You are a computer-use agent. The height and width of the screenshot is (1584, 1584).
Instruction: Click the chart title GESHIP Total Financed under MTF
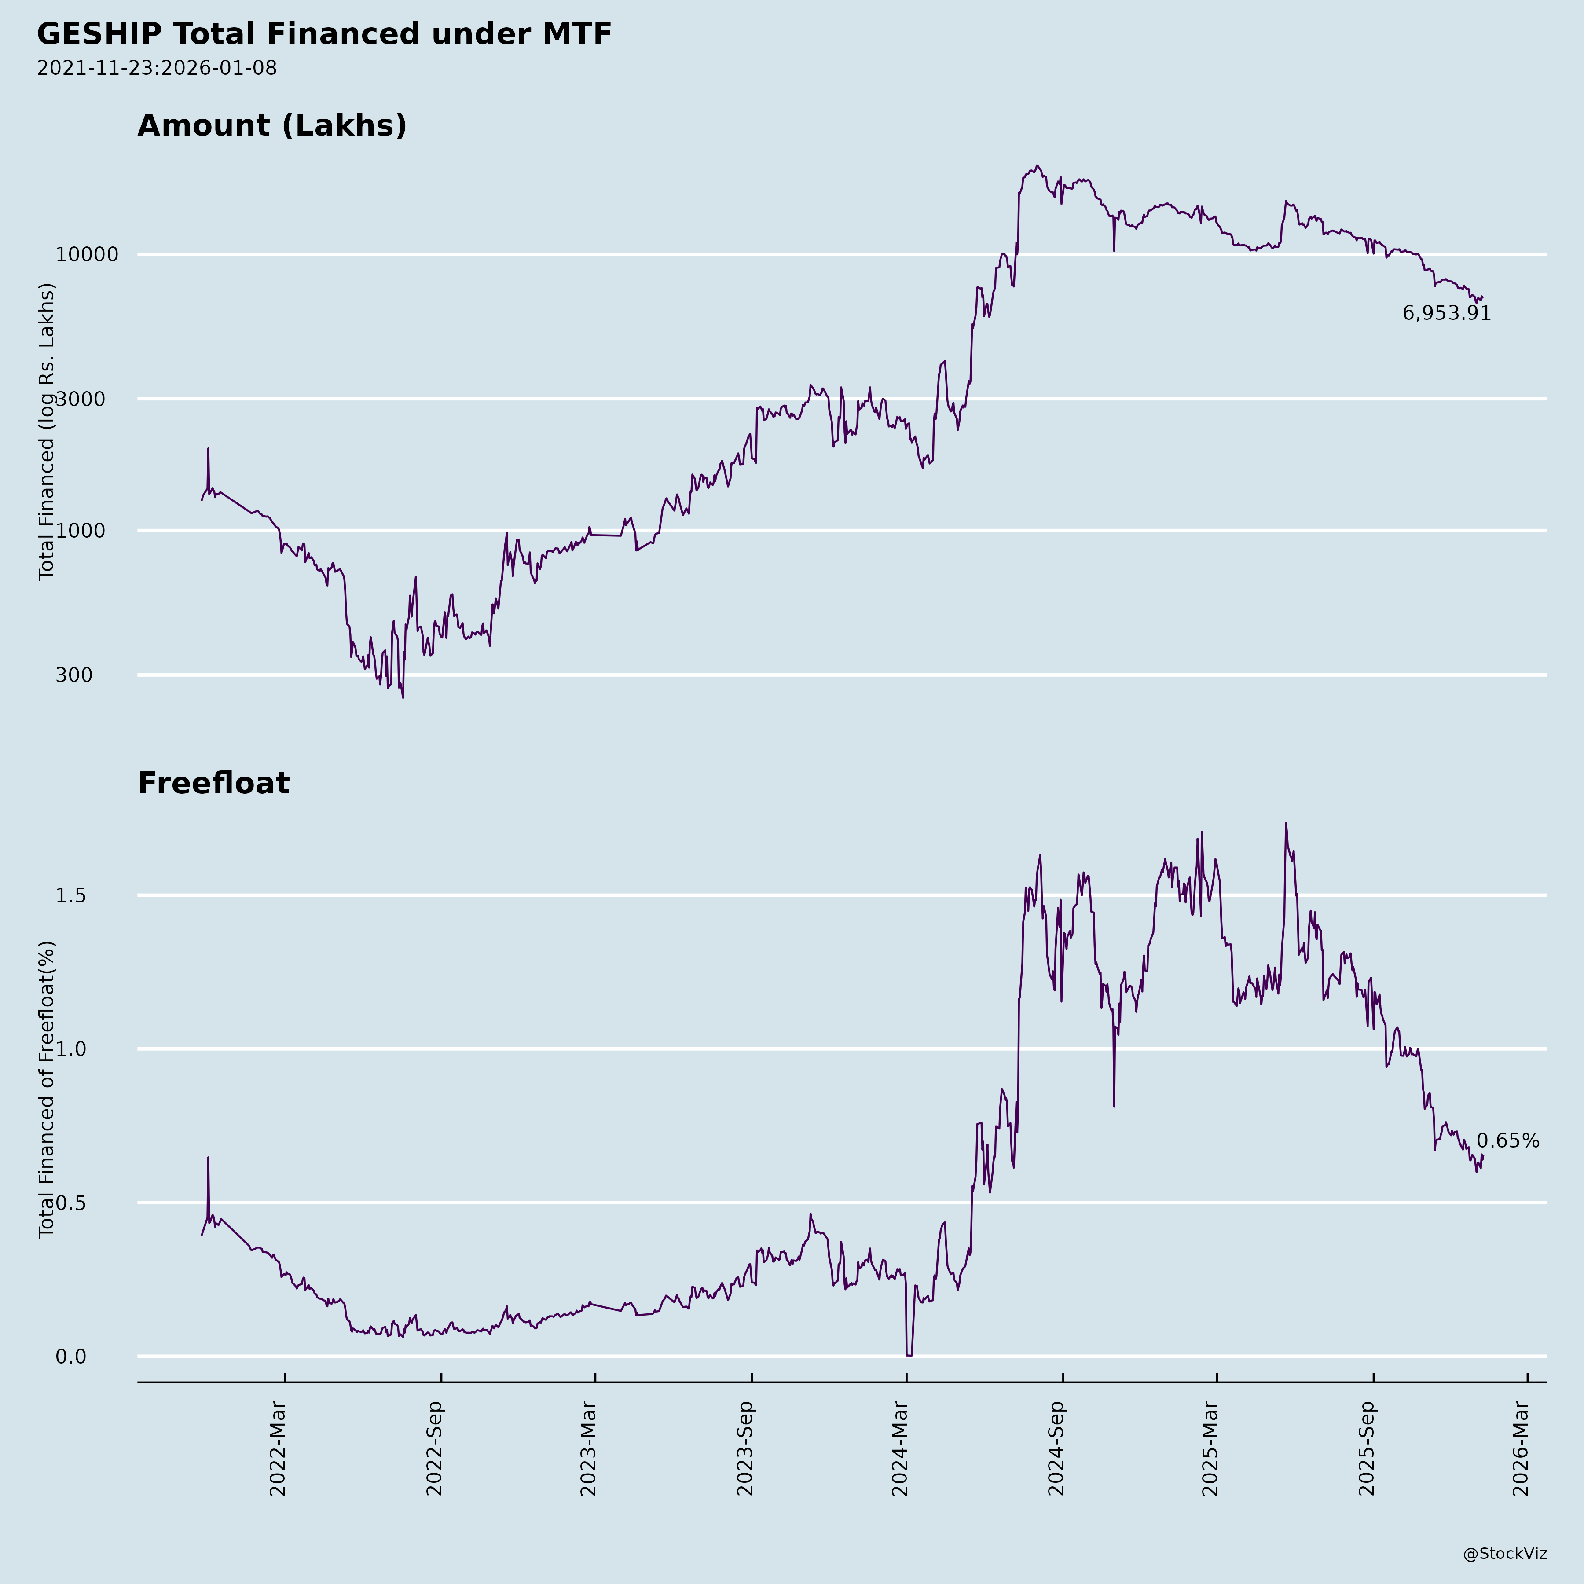pyautogui.click(x=324, y=34)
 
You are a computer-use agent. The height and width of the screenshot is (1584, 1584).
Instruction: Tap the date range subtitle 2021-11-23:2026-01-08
pyautogui.click(x=157, y=68)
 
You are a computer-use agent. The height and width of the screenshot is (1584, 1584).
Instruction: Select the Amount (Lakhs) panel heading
pyautogui.click(x=272, y=125)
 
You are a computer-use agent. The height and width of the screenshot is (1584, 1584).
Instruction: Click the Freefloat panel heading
pyautogui.click(x=213, y=783)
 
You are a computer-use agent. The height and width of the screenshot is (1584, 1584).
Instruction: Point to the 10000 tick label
pyautogui.click(x=87, y=255)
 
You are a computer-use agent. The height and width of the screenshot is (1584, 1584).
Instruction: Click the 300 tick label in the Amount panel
pyautogui.click(x=74, y=675)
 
